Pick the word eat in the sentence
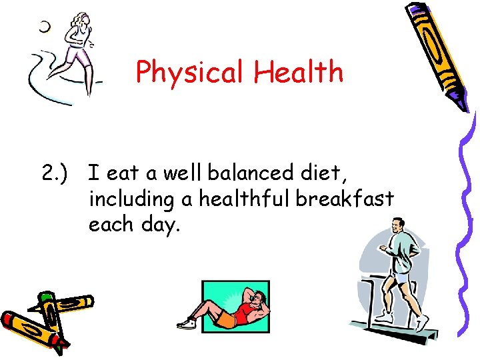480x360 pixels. [121, 175]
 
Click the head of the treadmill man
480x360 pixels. [398, 226]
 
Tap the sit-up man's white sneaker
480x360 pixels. [186, 323]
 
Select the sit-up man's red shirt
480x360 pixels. [247, 310]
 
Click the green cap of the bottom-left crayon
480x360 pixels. [46, 296]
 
